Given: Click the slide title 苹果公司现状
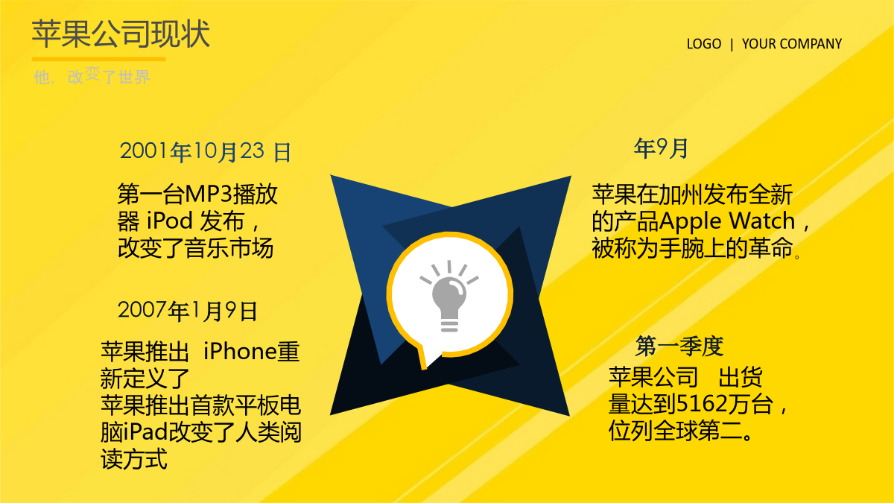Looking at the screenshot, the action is coord(121,34).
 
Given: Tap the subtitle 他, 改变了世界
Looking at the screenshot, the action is coord(92,76).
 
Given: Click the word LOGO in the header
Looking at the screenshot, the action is coord(704,43).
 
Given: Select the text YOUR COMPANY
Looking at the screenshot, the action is coord(792,43).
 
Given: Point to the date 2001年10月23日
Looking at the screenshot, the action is coord(206,152).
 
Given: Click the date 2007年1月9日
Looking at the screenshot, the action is coord(187,311).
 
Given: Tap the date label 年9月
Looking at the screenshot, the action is coord(661,148).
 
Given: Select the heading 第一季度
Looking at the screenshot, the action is coord(679,346).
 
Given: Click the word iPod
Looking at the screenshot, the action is coord(170,221).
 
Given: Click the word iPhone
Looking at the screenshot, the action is coord(240,351).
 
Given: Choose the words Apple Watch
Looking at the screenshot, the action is coord(727,221).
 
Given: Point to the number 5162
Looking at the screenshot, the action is coord(702,404).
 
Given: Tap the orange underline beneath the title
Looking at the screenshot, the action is coord(99,59).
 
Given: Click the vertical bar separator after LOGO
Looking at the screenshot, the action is coord(732,44).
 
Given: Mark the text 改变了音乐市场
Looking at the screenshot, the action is coord(195,248).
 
